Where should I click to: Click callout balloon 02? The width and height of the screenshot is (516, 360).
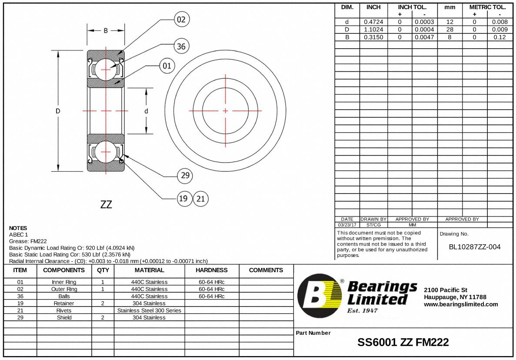pos(181,20)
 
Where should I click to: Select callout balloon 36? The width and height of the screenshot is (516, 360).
pos(181,46)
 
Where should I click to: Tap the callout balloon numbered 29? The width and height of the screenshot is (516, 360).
pos(185,175)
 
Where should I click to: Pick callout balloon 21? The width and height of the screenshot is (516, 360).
pos(200,199)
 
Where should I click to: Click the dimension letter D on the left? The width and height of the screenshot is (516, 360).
pos(58,111)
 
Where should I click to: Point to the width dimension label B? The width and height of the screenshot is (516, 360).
pos(106,30)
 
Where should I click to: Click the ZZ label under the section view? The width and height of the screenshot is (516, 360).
pos(106,204)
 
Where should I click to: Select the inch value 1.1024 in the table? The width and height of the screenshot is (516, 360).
pos(373,30)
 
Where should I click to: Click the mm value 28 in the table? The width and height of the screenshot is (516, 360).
pos(449,30)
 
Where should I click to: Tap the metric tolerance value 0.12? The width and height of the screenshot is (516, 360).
pos(499,37)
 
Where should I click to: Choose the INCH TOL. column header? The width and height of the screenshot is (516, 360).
pos(412,7)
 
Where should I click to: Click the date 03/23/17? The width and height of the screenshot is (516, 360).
pos(347,225)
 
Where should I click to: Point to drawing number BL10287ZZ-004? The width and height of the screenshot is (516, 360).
pos(475,247)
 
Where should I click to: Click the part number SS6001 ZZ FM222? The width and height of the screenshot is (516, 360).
pos(403,342)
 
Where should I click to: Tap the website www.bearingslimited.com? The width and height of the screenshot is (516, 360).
pos(461,304)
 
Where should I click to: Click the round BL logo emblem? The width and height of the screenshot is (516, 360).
pos(320,296)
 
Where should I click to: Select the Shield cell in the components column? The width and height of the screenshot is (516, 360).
pos(64,317)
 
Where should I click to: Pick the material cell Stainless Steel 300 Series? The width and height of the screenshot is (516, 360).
pos(149,310)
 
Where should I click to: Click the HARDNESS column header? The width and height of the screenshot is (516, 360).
pos(212,270)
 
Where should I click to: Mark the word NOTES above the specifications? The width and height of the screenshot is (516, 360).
pos(18,228)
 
